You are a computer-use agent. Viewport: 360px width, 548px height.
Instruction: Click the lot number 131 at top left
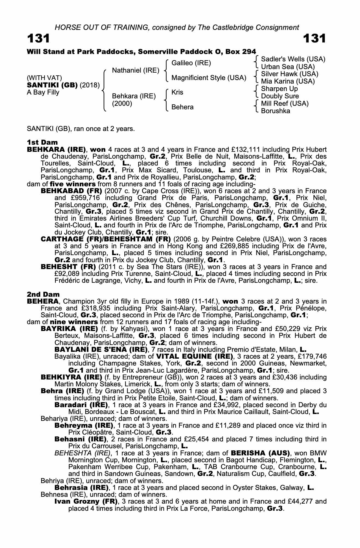point(38,39)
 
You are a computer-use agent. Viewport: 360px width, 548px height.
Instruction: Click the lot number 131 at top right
point(315,39)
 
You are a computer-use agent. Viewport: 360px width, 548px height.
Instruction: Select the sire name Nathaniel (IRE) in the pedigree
point(136,70)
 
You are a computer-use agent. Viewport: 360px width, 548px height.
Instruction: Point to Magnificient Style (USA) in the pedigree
point(209,78)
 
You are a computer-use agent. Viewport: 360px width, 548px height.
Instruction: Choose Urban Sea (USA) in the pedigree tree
point(288,67)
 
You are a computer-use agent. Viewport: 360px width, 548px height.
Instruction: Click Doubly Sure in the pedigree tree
point(280,96)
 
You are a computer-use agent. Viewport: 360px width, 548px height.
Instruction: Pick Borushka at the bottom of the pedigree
point(276,111)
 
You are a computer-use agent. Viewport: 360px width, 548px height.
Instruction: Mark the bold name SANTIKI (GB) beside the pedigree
point(52,85)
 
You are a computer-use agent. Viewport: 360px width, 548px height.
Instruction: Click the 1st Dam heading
point(42,142)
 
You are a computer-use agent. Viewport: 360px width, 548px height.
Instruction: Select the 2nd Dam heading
point(43,294)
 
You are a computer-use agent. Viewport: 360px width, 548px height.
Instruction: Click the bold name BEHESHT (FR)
point(68,267)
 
